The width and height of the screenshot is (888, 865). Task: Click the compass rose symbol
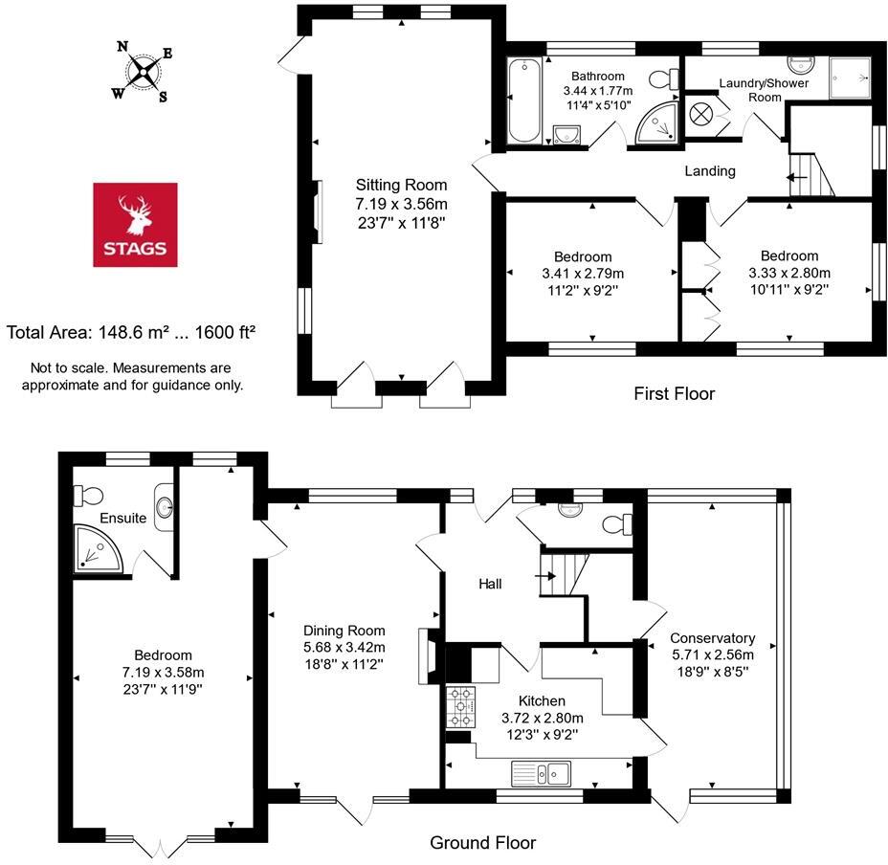144,72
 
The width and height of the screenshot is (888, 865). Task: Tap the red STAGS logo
135,224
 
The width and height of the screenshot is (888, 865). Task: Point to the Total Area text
131,333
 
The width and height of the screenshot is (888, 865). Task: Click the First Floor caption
674,393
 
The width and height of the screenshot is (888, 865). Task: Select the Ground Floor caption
482,843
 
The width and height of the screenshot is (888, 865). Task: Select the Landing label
709,171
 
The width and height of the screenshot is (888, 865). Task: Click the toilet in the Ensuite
90,496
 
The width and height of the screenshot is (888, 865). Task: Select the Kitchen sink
541,771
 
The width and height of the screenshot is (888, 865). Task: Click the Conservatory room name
712,638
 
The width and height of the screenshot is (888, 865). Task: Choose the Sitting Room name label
401,185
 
